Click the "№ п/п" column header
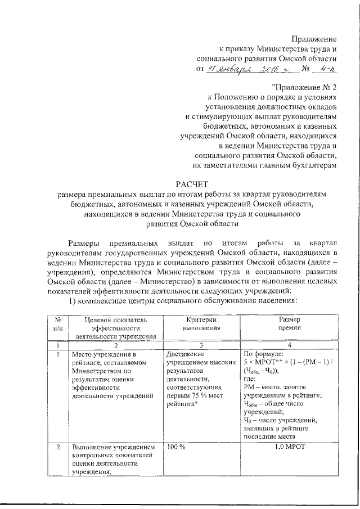coord(58,323)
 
